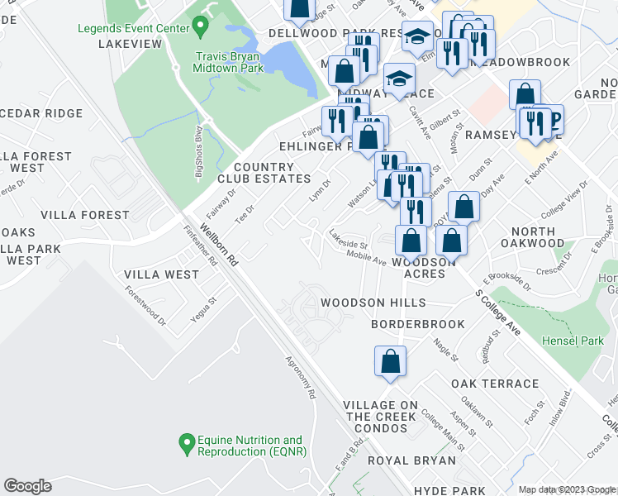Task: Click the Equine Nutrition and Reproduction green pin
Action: (186, 446)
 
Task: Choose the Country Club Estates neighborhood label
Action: (264, 173)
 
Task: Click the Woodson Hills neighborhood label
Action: (373, 303)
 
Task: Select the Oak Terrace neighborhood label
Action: (495, 384)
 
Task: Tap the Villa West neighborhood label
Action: (161, 274)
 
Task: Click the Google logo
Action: (27, 486)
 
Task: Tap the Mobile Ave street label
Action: (366, 259)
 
